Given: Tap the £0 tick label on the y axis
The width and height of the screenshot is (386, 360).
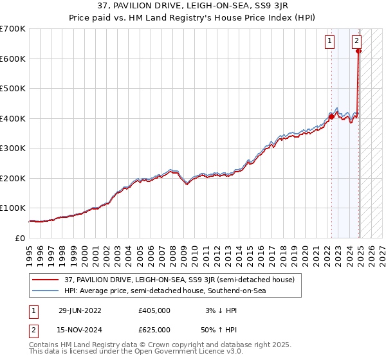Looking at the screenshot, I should [x=21, y=238].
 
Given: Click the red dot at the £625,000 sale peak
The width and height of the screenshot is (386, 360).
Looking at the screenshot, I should [x=358, y=51].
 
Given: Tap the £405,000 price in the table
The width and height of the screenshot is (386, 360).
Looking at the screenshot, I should [x=155, y=310].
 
